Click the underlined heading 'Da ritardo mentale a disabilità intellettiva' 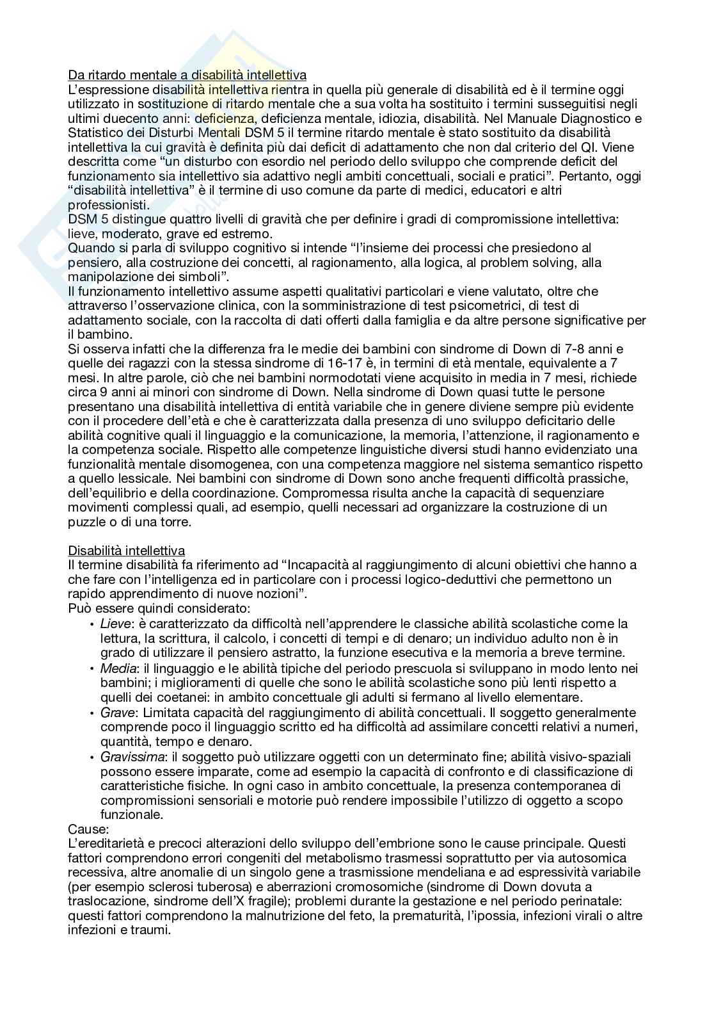187,75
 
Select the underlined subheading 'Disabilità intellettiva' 127,551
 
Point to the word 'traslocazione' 104,902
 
